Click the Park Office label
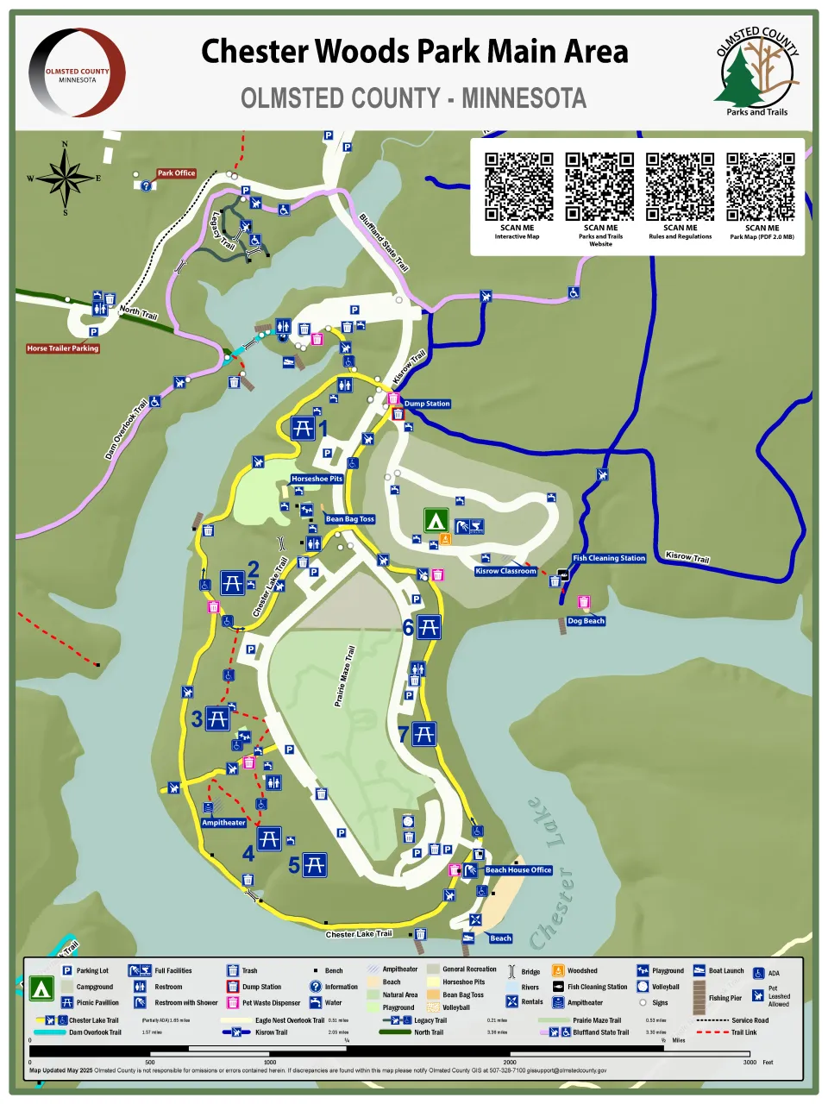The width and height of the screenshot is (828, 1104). point(176,173)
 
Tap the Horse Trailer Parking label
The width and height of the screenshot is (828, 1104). point(63,348)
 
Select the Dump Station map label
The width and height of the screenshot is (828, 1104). point(427,404)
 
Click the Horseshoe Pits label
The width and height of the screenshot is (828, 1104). point(317,479)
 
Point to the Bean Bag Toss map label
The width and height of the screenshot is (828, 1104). point(350,519)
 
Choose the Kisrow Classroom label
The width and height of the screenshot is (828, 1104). point(505,571)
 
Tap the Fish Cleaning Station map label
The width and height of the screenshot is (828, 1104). point(609,558)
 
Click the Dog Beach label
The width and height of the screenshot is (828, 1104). point(586,621)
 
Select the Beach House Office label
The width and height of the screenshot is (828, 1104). point(517,870)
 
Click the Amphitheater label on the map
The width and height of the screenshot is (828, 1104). point(223,823)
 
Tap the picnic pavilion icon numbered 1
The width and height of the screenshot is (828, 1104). point(302,428)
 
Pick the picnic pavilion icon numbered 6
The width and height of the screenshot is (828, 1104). point(429,627)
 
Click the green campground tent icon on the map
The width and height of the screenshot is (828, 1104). point(436,520)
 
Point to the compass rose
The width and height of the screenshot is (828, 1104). point(65,179)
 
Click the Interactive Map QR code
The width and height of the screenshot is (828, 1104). point(518,187)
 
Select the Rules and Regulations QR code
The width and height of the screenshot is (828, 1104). point(681,187)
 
